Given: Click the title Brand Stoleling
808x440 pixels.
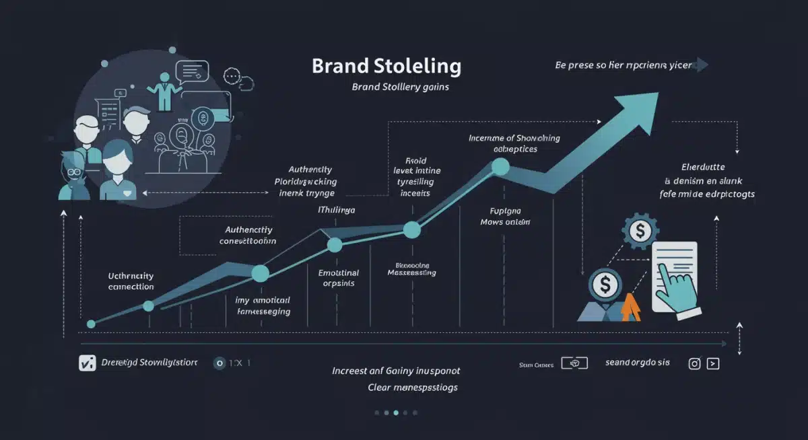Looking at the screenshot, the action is click(386, 67).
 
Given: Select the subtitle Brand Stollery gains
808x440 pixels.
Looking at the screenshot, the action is click(400, 87).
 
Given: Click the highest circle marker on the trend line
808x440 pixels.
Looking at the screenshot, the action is click(500, 166).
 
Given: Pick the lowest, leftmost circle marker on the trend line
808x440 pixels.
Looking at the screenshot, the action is click(92, 324).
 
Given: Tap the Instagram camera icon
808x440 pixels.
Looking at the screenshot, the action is click(694, 363).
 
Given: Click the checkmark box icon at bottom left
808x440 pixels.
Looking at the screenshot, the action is click(87, 363).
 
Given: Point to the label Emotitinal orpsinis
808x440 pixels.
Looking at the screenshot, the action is click(338, 278).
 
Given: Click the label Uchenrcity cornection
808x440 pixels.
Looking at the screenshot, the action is click(131, 281).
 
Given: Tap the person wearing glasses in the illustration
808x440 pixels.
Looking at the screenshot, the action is click(73, 176).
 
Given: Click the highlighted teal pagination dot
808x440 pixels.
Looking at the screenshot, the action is click(396, 412).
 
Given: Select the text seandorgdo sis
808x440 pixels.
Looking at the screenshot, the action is click(637, 363).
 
